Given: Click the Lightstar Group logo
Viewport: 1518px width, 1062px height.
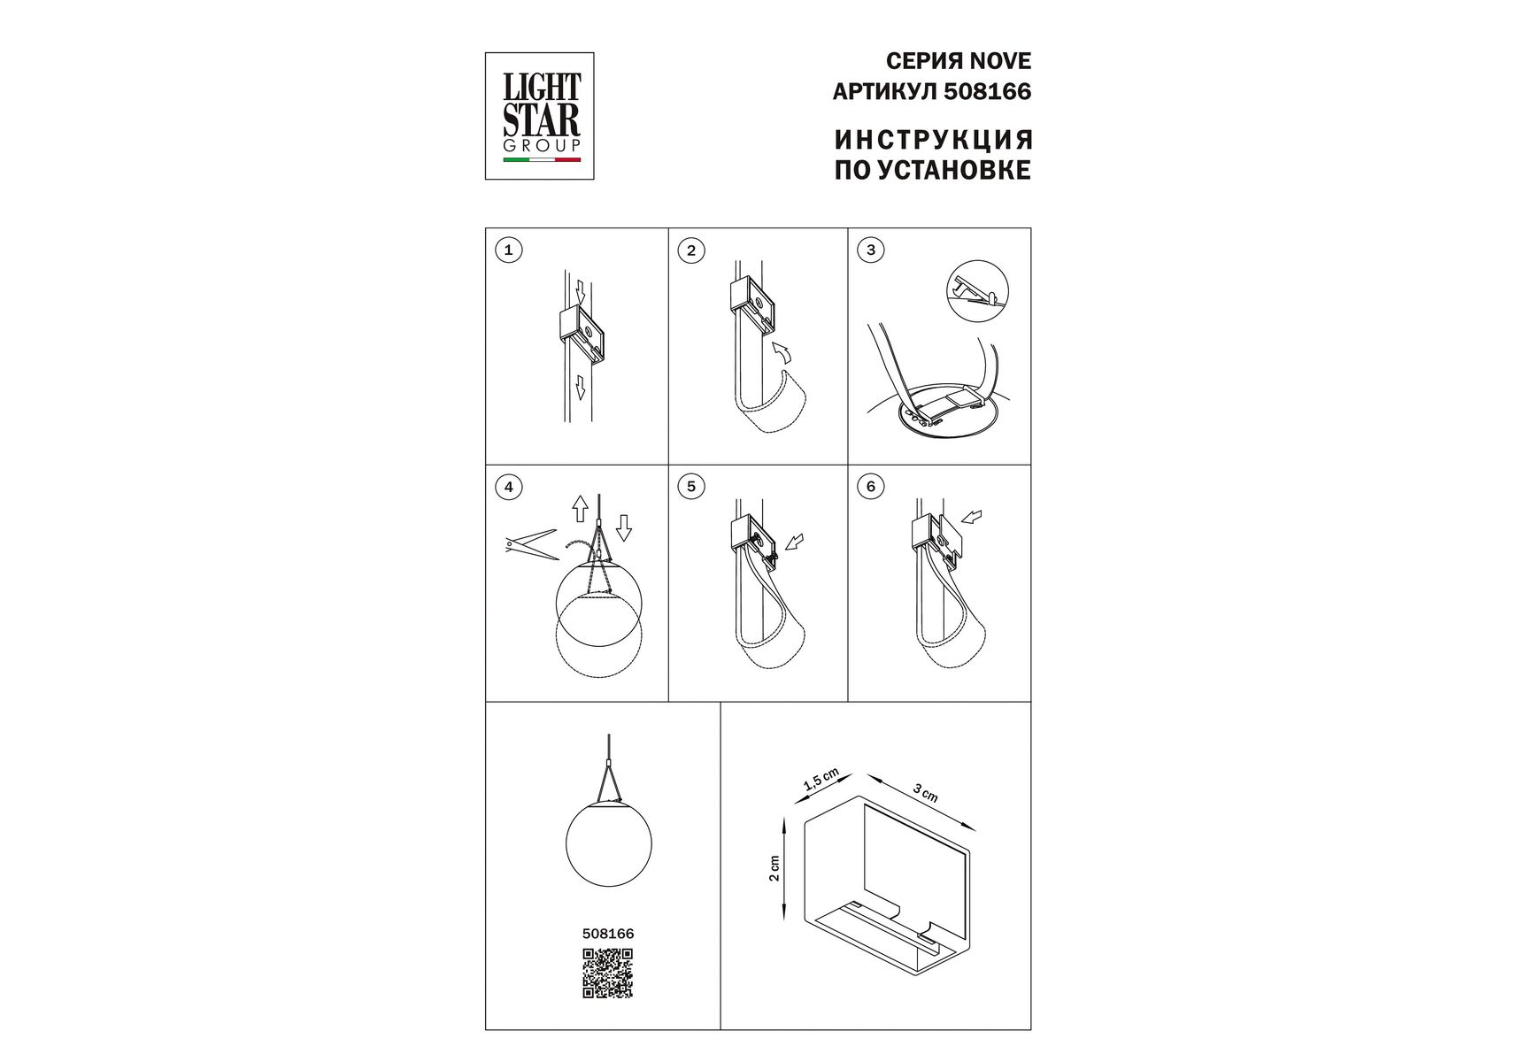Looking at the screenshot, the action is pyautogui.click(x=539, y=116).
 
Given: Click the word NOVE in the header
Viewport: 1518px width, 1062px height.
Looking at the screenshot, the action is pyautogui.click(x=999, y=61).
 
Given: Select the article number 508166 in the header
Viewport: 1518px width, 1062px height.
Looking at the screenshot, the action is pyautogui.click(x=988, y=91).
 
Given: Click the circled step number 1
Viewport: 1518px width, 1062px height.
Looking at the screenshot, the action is pyautogui.click(x=508, y=250).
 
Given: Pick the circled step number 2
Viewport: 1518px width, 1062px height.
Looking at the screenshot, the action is pyautogui.click(x=690, y=250).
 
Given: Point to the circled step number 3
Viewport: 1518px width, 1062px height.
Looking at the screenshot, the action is pyautogui.click(x=871, y=250).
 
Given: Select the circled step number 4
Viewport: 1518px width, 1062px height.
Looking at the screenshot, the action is pyautogui.click(x=508, y=487).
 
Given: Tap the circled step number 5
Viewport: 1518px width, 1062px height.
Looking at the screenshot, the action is pyautogui.click(x=690, y=487).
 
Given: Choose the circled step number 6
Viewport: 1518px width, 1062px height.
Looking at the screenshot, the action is pyautogui.click(x=871, y=487).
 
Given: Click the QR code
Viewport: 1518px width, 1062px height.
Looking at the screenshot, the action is pyautogui.click(x=607, y=973).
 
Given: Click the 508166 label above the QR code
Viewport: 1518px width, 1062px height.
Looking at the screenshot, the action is pyautogui.click(x=608, y=934).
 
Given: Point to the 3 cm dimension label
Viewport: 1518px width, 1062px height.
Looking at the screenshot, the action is pyautogui.click(x=926, y=794).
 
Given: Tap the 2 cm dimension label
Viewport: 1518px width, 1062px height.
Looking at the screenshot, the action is pyautogui.click(x=774, y=869).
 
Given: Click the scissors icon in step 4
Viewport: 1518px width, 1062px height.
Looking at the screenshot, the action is pyautogui.click(x=529, y=544).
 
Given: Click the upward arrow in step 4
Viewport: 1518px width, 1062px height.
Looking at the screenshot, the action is pyautogui.click(x=580, y=508).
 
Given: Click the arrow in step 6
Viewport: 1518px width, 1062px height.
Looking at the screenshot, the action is pyautogui.click(x=971, y=516).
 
